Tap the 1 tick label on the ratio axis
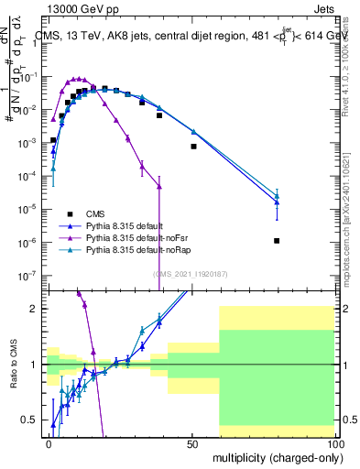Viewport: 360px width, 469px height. tap(37, 365)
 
